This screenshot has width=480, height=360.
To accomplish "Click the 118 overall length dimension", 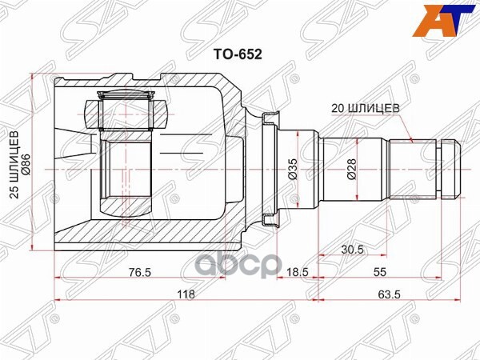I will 186,294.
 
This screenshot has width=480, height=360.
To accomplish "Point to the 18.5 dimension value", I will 298,272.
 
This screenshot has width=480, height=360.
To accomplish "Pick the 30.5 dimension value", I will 353,250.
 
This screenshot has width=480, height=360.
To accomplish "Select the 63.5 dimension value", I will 390,294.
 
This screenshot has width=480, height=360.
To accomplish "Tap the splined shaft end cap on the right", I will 451,169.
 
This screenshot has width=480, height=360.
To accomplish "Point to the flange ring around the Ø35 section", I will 270,169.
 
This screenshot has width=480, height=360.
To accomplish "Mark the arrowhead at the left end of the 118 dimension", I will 58,301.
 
